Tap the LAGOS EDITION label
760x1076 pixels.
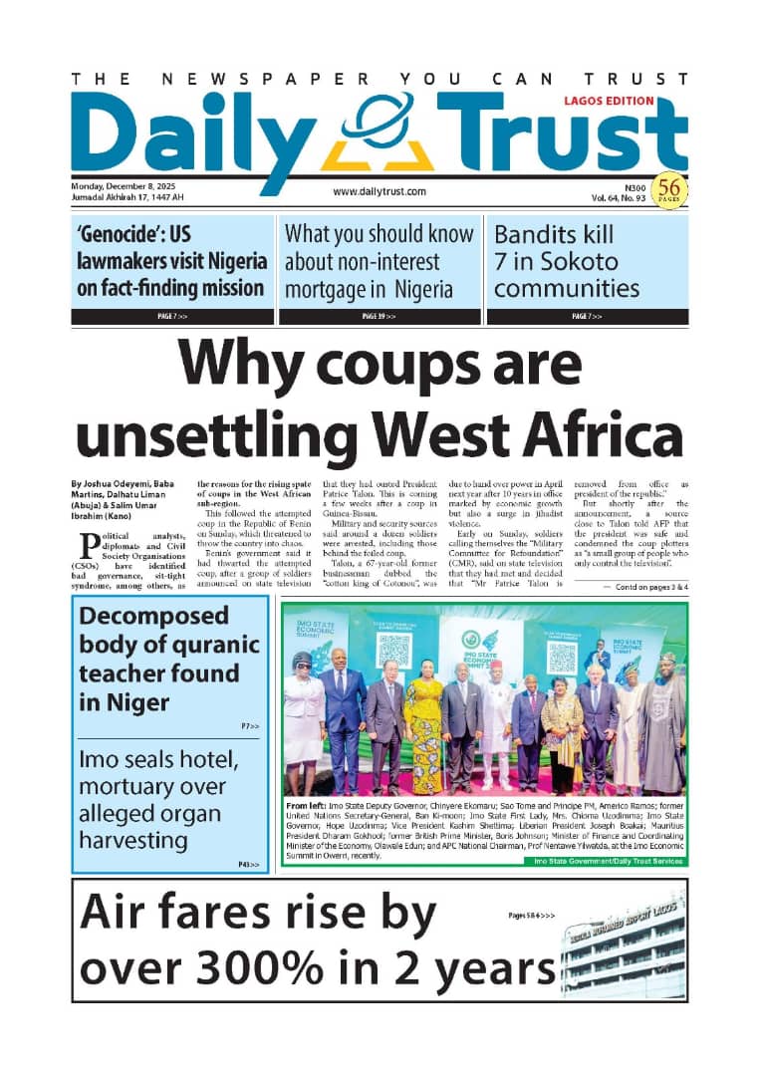[x=609, y=101]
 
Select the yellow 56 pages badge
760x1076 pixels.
[x=670, y=188]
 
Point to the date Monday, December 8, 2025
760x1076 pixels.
[x=118, y=186]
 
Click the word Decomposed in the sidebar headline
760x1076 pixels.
[x=153, y=616]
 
